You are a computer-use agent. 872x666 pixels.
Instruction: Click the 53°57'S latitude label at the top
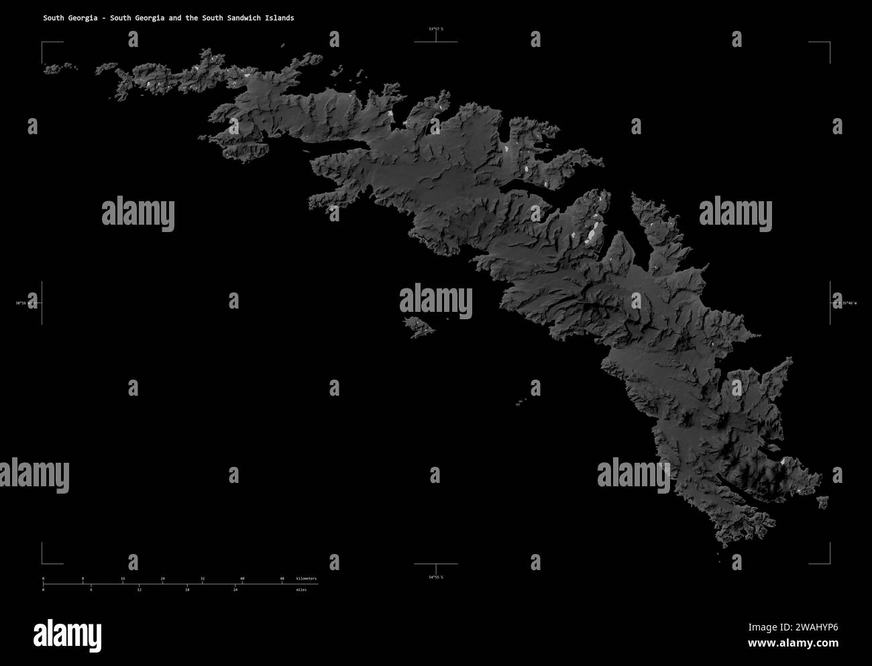pos(436,29)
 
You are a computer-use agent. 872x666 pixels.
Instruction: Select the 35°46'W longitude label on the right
pos(847,304)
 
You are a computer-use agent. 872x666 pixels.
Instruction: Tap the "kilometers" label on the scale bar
pos(306,578)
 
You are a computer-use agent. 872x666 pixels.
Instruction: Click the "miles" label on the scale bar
pos(301,590)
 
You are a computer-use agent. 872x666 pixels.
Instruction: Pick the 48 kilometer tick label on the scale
pos(282,578)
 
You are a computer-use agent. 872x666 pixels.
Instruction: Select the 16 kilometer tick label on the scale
pos(123,578)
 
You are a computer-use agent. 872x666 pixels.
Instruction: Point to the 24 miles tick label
pos(235,590)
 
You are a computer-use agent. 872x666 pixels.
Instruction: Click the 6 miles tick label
pos(91,590)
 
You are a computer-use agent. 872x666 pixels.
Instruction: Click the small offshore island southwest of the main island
pos(419,328)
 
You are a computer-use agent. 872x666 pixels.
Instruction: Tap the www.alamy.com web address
pos(793,643)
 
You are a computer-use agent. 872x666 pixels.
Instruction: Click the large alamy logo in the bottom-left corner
pos(67,634)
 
